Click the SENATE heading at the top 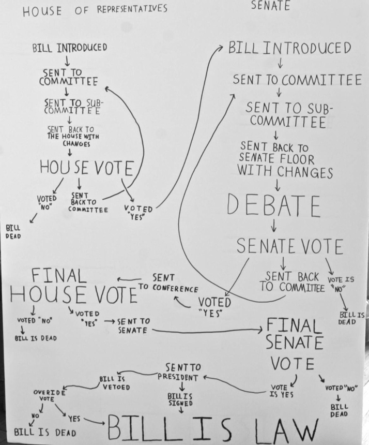[x=270, y=5]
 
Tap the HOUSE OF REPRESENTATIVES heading [x=95, y=10]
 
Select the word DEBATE [x=274, y=205]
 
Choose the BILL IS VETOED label [x=115, y=383]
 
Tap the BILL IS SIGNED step [x=180, y=399]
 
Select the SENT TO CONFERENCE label [x=168, y=283]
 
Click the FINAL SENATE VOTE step [x=294, y=344]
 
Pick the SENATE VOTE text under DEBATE [x=289, y=246]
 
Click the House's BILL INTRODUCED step [x=70, y=48]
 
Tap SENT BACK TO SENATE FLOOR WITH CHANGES [x=285, y=159]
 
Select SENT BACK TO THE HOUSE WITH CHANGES [x=73, y=137]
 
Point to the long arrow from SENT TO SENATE [x=207, y=331]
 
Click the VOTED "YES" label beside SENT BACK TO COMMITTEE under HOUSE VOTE [x=139, y=213]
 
